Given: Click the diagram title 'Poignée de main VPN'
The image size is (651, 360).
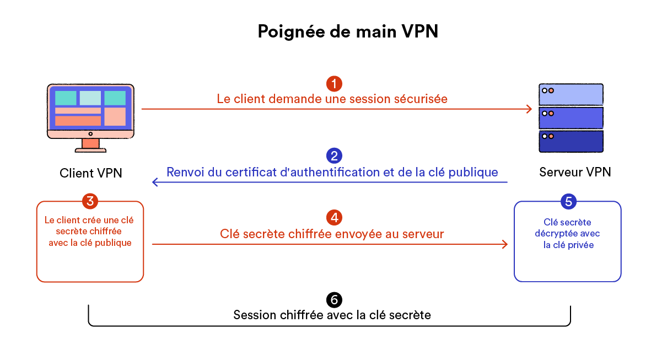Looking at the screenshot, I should [x=348, y=31].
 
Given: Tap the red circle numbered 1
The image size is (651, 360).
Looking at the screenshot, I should [x=334, y=84].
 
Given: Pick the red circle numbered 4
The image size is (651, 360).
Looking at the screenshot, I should [x=334, y=217].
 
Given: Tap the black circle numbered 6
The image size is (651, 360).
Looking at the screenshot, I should [x=334, y=299].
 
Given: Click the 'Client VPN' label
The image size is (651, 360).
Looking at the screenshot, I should [x=90, y=173].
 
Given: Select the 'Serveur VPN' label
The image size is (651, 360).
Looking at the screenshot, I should [x=575, y=172].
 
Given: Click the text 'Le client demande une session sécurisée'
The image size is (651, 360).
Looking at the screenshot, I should [x=332, y=99].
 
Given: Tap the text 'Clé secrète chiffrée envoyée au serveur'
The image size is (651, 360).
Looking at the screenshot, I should [x=332, y=234].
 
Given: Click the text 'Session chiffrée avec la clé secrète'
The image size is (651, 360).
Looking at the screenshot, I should [x=332, y=315].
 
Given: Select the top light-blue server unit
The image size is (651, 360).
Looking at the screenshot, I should [x=571, y=94].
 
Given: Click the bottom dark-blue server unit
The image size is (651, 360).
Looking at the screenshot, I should [x=571, y=141].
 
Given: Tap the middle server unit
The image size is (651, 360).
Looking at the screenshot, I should [x=571, y=117].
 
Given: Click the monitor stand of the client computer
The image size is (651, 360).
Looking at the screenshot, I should [x=90, y=145].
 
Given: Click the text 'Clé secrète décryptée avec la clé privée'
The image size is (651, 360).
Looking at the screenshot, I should [x=568, y=233].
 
